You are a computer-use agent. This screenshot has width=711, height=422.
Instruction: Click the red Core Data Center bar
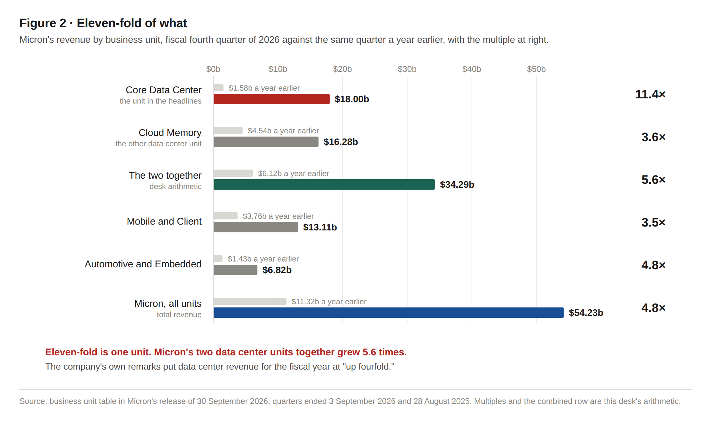[271, 99]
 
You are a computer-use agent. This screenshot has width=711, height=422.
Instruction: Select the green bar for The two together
[324, 184]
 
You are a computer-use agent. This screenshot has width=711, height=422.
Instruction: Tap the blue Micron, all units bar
[388, 313]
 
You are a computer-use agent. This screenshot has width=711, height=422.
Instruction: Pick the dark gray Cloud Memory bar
[266, 142]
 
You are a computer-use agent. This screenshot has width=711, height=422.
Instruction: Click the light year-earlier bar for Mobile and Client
[225, 216]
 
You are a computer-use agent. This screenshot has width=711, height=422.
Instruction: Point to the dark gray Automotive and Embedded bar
[235, 270]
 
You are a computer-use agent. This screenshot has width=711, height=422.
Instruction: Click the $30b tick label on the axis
[407, 69]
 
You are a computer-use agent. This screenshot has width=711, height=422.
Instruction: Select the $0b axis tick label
[213, 69]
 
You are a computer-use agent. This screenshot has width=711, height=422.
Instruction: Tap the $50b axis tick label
[536, 69]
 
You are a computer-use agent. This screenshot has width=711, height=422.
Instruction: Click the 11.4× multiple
[650, 94]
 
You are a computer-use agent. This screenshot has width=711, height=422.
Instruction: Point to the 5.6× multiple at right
[653, 180]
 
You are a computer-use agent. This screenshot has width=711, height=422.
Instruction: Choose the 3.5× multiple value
[653, 222]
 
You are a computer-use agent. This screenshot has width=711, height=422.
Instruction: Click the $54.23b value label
[586, 313]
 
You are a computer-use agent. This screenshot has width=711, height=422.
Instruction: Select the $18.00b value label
[352, 99]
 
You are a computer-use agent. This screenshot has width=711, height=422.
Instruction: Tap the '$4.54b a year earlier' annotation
[283, 131]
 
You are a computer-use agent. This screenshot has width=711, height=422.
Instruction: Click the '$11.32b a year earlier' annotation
[329, 302]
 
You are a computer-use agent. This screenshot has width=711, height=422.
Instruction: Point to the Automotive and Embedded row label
[143, 264]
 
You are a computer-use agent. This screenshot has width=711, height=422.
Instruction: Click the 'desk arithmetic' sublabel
[175, 186]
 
